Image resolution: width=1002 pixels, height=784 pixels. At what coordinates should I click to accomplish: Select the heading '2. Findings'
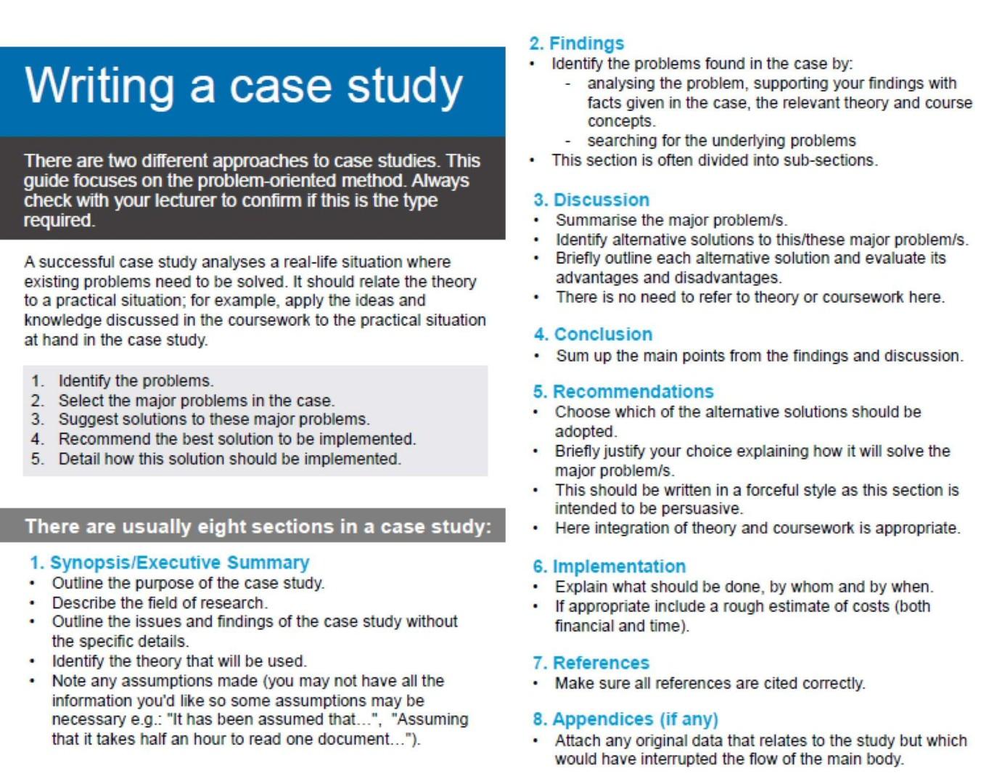(x=577, y=44)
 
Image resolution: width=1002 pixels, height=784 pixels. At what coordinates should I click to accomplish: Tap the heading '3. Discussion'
(x=591, y=200)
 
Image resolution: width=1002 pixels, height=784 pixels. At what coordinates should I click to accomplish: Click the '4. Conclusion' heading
(x=593, y=334)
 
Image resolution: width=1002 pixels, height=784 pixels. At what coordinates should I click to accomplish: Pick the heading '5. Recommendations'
(x=623, y=391)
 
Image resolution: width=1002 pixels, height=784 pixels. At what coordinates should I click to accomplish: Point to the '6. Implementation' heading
(x=609, y=566)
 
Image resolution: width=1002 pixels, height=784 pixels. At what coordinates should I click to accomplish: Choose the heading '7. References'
(x=591, y=663)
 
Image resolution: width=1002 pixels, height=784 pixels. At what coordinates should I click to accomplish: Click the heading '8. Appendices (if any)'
(x=625, y=719)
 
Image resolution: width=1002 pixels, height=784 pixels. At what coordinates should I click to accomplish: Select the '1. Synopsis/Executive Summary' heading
(x=169, y=563)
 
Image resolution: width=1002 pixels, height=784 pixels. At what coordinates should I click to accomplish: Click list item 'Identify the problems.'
(x=136, y=380)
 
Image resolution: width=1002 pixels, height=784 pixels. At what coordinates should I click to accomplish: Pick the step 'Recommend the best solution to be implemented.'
(x=237, y=439)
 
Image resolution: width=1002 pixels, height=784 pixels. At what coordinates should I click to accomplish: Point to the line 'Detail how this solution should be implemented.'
(x=229, y=459)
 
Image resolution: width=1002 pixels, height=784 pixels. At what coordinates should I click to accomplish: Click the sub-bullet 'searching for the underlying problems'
(x=721, y=140)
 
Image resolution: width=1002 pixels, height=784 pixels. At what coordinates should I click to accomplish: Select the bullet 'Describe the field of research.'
(x=160, y=603)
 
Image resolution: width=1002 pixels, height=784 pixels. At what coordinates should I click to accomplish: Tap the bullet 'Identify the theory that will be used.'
(x=179, y=661)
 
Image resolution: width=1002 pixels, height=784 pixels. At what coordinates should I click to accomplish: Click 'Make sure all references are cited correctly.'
(x=710, y=683)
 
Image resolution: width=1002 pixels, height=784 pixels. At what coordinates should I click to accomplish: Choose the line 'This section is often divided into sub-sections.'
(x=714, y=160)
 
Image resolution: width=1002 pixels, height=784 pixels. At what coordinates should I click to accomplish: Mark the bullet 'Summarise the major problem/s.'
(x=671, y=220)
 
